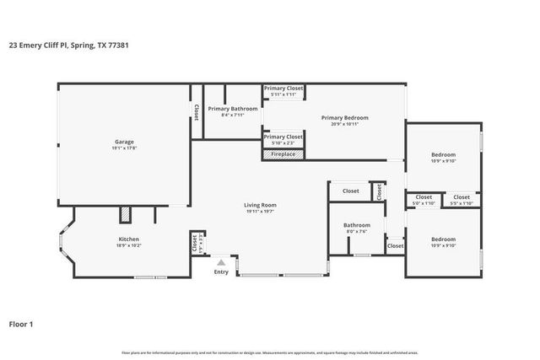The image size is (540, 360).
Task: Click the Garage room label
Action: coord(124,142)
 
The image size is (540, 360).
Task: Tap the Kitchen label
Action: coord(128,239)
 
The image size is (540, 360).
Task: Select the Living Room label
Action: coord(260,205)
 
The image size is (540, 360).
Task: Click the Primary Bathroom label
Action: coord(232,109)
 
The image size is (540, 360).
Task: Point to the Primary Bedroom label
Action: coord(344,118)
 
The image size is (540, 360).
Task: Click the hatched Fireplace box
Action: coord(283,154)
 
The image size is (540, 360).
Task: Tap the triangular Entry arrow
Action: coord(221,262)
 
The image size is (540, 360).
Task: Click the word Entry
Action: coord(221,271)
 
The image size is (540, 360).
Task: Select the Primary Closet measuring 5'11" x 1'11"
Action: coord(283,91)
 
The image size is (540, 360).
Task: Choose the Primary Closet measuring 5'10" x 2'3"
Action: coord(283,138)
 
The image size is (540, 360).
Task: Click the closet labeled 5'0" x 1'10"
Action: coord(424,200)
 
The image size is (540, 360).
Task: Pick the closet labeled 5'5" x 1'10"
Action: coord(462,200)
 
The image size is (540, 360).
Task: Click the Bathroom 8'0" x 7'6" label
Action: coord(356,228)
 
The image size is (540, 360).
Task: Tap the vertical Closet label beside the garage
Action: coord(196,111)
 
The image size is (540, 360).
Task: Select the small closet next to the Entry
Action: coord(195,244)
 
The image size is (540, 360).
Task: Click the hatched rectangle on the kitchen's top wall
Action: coord(124,215)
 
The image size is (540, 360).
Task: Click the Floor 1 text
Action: coord(22,323)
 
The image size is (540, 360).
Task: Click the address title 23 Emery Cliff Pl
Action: coord(67,46)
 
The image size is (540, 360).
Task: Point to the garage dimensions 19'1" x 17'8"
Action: coord(124,148)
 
